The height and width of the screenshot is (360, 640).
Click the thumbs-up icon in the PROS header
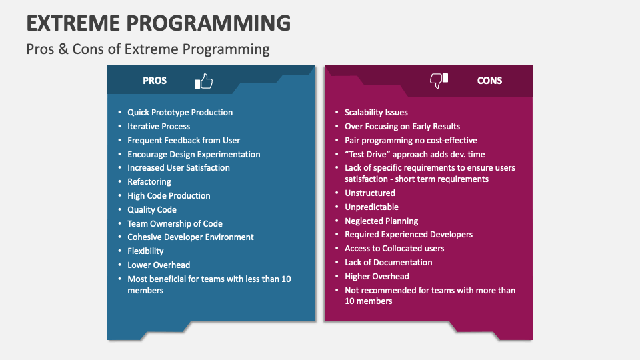[x=204, y=81]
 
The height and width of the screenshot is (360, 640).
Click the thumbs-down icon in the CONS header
[x=439, y=81]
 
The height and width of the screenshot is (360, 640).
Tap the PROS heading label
[x=155, y=81]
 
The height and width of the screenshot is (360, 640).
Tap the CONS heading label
[x=489, y=81]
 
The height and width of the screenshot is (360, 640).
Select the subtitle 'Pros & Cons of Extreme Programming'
[x=148, y=49]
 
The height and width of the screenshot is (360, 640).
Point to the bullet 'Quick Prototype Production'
[x=180, y=112]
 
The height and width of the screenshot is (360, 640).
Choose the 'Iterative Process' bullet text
[x=159, y=127]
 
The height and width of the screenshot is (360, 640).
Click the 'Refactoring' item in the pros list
[x=149, y=181]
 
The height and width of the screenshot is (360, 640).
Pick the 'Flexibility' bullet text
[x=145, y=251]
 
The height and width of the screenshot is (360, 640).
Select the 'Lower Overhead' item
[x=159, y=265]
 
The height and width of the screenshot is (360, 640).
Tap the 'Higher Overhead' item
[x=377, y=276]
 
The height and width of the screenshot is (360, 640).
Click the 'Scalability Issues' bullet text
[x=376, y=112]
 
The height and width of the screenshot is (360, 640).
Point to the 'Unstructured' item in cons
[x=370, y=193]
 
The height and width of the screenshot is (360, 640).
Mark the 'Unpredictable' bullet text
[x=371, y=207]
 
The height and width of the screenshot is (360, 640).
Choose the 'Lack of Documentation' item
[x=388, y=263]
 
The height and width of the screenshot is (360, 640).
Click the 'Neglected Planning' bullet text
[x=381, y=221]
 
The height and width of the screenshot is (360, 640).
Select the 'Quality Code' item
[x=152, y=210]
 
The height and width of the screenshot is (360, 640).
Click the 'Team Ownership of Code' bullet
[x=175, y=224]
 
